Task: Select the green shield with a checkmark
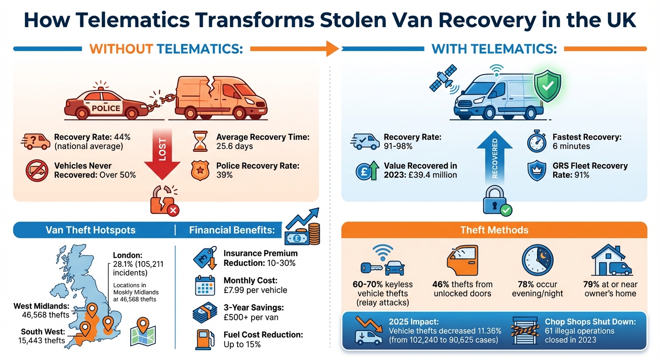click(x=547, y=86)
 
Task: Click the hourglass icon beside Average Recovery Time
click(x=200, y=142)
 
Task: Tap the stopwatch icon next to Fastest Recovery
click(x=537, y=142)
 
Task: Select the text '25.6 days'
click(x=235, y=146)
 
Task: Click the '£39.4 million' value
click(x=432, y=175)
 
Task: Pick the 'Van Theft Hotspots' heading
click(x=90, y=230)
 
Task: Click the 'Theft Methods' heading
click(x=495, y=230)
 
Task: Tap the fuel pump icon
click(x=203, y=339)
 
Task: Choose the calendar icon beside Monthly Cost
click(x=204, y=285)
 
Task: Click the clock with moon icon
click(x=537, y=261)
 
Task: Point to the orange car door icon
click(x=462, y=261)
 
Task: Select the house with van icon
click(x=612, y=261)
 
